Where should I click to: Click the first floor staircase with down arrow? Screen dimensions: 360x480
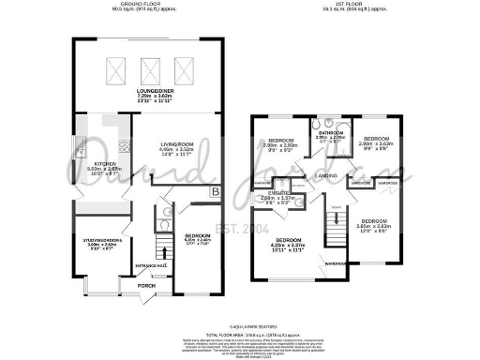click(x=333, y=225)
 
